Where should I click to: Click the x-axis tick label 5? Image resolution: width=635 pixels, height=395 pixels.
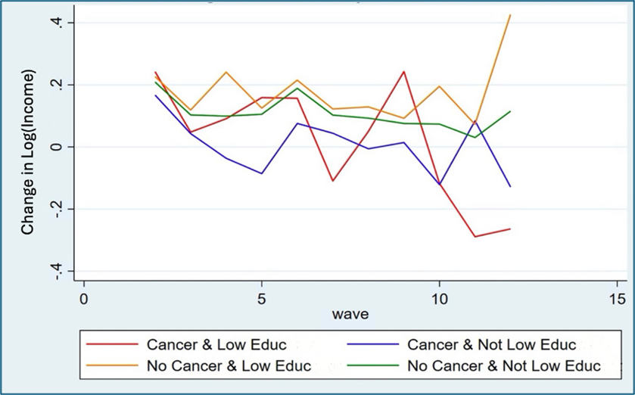click(261, 297)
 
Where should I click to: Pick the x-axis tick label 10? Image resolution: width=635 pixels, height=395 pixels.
click(439, 297)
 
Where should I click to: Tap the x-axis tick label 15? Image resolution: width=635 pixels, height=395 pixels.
click(617, 297)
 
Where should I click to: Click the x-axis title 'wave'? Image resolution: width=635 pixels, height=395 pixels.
click(350, 313)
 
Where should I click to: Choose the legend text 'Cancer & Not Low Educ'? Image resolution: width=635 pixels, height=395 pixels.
click(492, 345)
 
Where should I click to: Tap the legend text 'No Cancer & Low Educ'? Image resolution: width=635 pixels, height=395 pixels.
click(228, 366)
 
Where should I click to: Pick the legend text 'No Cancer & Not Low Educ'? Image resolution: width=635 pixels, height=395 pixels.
click(504, 366)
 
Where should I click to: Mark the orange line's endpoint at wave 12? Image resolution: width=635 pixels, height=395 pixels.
click(510, 15)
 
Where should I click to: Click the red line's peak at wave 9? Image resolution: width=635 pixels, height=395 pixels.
click(404, 72)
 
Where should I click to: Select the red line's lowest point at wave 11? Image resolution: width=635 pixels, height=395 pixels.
click(475, 237)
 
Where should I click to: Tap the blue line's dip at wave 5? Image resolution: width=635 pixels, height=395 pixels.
click(262, 173)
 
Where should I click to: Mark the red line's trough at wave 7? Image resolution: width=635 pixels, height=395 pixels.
click(332, 181)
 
